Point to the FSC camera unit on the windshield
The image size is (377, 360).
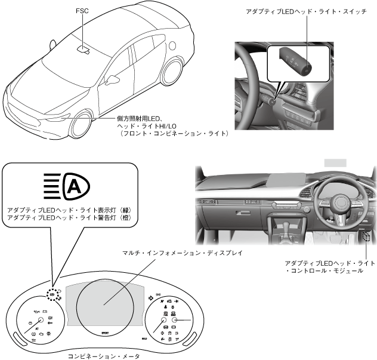pos(84,48)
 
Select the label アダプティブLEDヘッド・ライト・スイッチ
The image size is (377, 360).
pos(306,12)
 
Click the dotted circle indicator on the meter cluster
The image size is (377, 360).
pos(52,294)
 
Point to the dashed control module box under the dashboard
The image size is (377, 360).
pos(366,237)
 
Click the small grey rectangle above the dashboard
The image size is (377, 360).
pos(335,162)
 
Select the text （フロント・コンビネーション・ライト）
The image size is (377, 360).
pos(172,134)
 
